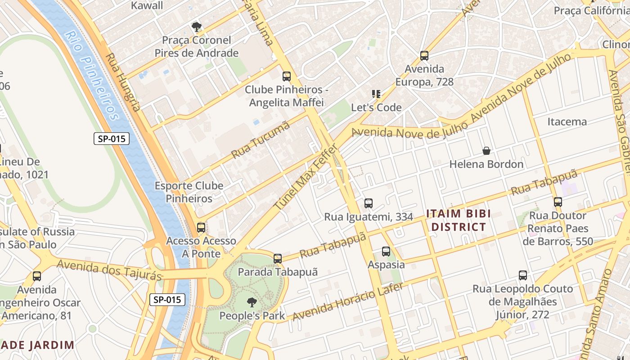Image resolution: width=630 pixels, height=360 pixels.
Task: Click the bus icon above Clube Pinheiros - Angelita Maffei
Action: pos(287,76)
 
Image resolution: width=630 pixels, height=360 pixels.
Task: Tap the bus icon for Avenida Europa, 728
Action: pos(424,56)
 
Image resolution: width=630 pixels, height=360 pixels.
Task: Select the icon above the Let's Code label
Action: pos(376,94)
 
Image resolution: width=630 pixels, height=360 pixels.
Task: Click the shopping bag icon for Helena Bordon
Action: pos(486,150)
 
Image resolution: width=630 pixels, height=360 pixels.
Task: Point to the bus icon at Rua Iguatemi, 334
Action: pos(369,203)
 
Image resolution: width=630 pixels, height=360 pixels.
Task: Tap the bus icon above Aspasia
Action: pos(386,251)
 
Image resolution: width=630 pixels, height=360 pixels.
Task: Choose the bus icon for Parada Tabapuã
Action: pos(278,258)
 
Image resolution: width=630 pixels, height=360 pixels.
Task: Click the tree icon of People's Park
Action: pos(252,302)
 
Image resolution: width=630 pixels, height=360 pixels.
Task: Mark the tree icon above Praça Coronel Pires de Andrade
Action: pos(196,27)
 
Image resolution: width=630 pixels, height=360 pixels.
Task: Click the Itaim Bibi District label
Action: pos(459,220)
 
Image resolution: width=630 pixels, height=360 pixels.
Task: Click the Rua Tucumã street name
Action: pos(261,140)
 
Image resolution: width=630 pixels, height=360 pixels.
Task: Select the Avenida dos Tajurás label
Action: pos(109,269)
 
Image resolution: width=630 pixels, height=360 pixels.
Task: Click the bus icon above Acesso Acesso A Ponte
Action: pos(201,227)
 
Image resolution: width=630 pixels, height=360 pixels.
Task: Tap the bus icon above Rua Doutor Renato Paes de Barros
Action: pos(558,202)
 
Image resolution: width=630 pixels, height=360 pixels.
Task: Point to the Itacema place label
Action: pos(567,121)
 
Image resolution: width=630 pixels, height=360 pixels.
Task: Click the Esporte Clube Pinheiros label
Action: pos(189,192)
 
